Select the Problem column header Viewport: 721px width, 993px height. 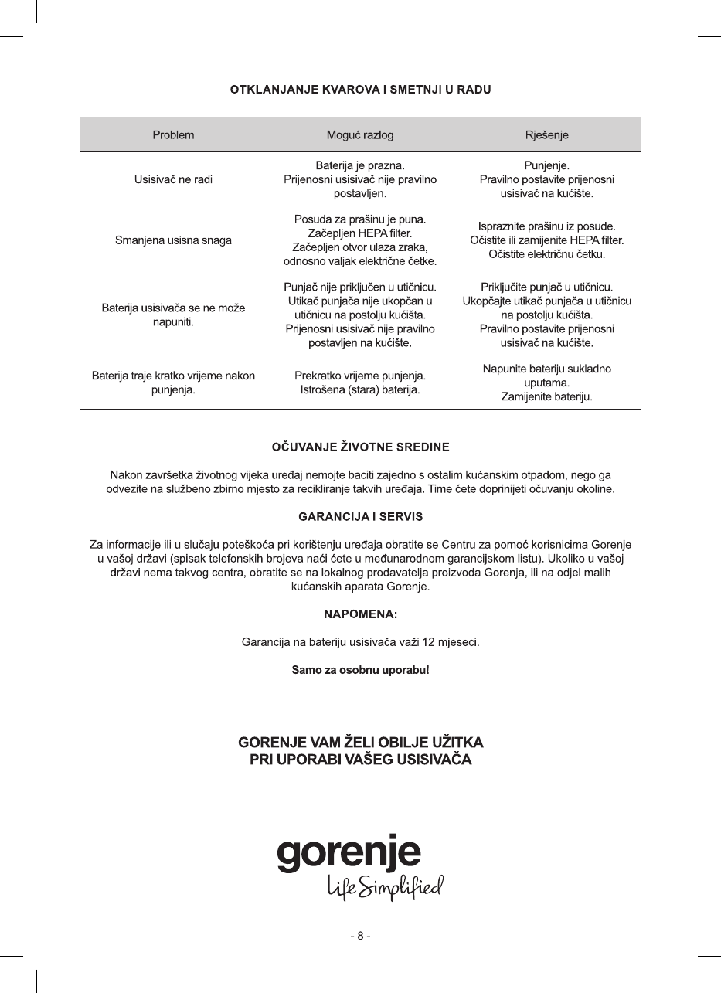[x=173, y=134]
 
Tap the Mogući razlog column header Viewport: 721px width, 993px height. [x=360, y=134]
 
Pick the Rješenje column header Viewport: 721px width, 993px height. [x=546, y=134]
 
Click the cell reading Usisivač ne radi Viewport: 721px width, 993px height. [x=173, y=179]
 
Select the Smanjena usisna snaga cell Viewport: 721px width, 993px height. [x=173, y=240]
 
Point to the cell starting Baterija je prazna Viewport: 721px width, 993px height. [x=360, y=179]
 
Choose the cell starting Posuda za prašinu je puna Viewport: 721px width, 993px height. [x=360, y=240]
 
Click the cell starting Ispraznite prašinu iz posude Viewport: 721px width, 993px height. [x=546, y=240]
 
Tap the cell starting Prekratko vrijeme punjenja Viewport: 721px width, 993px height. [x=360, y=383]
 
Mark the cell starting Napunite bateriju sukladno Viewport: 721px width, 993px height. [x=546, y=383]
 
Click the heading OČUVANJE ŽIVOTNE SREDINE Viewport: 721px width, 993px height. [x=360, y=447]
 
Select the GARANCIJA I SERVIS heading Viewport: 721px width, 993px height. [x=360, y=515]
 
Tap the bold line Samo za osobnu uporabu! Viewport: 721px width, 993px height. [x=360, y=669]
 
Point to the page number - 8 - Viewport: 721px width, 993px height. [x=360, y=936]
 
